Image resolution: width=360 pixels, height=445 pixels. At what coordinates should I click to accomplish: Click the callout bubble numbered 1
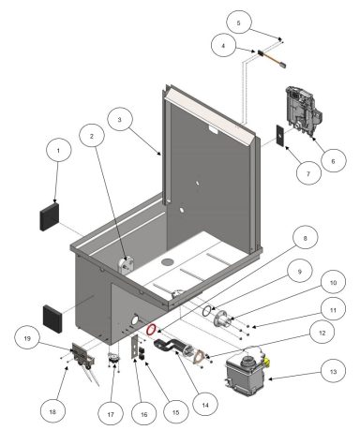point(58,150)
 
